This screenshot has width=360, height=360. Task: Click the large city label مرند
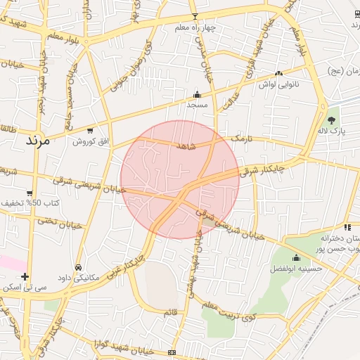(39, 141)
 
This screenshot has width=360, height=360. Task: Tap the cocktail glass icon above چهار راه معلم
(195, 17)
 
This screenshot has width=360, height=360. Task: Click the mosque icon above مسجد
(197, 95)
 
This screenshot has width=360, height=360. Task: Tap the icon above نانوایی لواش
(279, 73)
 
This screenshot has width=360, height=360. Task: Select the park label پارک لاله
(330, 131)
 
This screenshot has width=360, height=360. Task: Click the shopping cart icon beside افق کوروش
(89, 130)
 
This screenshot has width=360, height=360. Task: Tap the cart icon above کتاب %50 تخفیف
(29, 193)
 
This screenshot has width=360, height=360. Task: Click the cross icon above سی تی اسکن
(25, 276)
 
